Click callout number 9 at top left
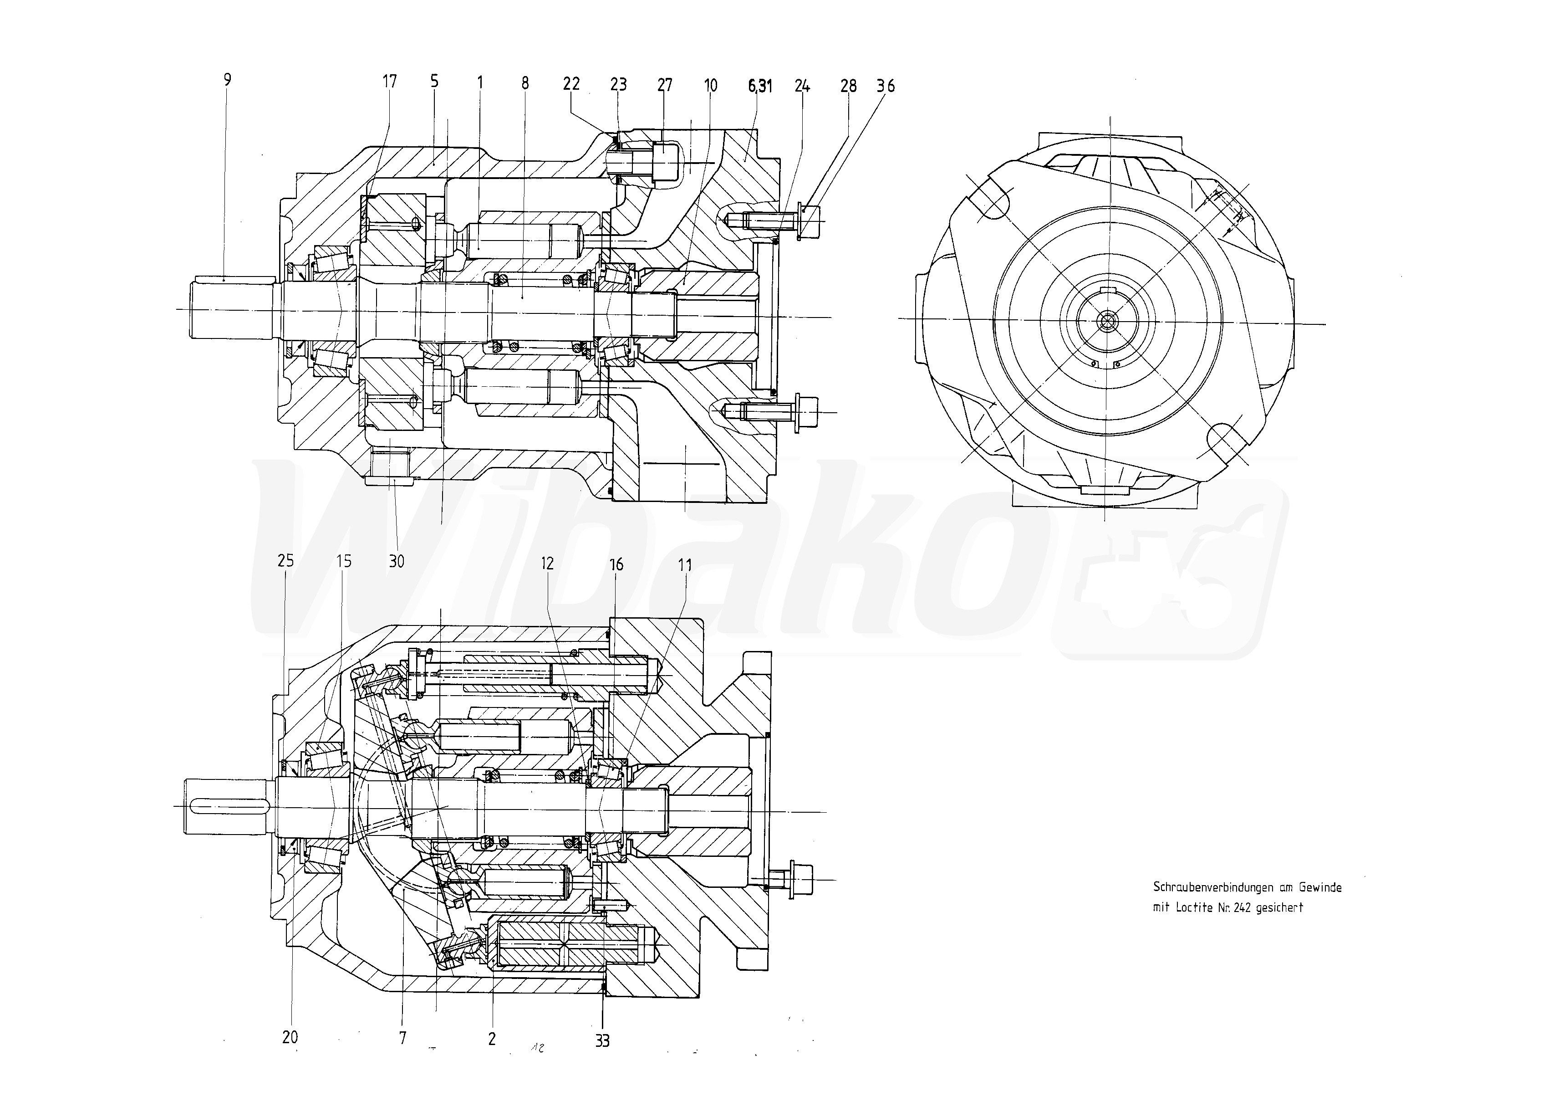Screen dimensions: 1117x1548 coord(227,80)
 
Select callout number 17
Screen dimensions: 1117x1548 coord(389,82)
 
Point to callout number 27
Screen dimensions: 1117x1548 coord(665,85)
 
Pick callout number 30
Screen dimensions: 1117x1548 coord(397,561)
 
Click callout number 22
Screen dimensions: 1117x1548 coord(571,83)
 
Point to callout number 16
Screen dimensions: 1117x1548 coord(616,564)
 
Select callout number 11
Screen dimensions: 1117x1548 coord(685,564)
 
